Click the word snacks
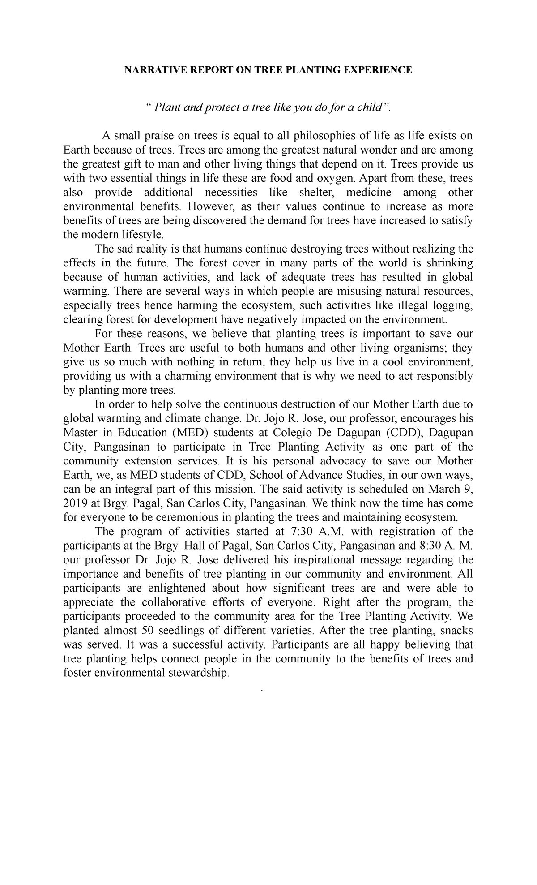click(456, 630)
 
